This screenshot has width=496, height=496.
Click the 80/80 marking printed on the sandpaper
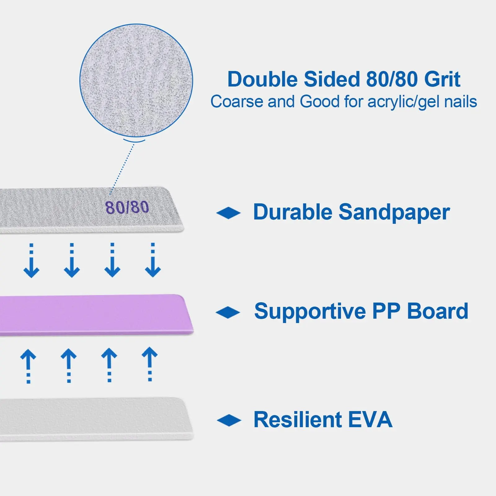tap(127, 207)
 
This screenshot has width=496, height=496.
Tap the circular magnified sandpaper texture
tap(136, 80)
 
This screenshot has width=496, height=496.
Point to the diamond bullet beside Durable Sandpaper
tap(228, 213)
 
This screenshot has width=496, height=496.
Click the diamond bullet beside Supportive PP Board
tap(228, 312)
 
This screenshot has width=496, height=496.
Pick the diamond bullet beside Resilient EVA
tap(229, 420)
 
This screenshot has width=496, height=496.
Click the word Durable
tap(293, 212)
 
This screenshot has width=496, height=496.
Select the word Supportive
tap(310, 312)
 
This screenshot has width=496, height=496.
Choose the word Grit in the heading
tap(442, 79)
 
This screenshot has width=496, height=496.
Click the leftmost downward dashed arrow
tap(31, 260)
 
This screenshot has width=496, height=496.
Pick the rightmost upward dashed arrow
tap(150, 364)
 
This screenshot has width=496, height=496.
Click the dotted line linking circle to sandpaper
tap(122, 169)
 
